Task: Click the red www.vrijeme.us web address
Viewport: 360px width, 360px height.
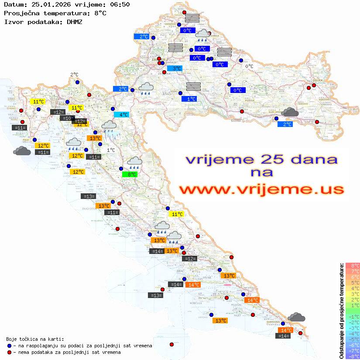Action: pos(261,189)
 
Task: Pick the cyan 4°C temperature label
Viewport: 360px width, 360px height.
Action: pos(121,115)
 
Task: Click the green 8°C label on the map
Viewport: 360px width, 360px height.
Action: pos(130,175)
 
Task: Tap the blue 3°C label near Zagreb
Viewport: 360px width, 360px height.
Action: pos(175,69)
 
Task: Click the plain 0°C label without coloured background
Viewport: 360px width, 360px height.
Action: pos(249,66)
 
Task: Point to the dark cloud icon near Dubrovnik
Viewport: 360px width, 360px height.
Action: pos(297,317)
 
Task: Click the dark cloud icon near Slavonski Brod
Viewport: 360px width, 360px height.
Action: pos(289,113)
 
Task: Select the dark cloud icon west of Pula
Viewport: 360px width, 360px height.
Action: pos(22,151)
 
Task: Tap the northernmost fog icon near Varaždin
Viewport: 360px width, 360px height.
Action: pos(192,18)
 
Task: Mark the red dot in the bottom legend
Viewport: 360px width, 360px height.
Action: pos(10,352)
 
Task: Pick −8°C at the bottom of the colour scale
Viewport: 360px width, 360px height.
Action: pos(352,356)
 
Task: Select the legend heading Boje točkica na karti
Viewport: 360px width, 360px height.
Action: pos(35,339)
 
